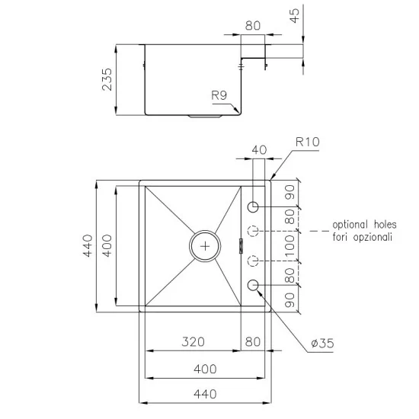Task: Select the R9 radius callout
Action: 219,95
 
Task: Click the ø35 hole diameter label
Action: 322,344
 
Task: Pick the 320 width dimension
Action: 193,343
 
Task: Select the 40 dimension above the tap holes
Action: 258,150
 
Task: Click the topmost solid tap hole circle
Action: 254,206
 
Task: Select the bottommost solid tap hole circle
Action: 254,286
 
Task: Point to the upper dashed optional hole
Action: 254,232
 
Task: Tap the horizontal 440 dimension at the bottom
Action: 205,394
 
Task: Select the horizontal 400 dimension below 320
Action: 205,369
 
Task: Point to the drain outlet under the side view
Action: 204,118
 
